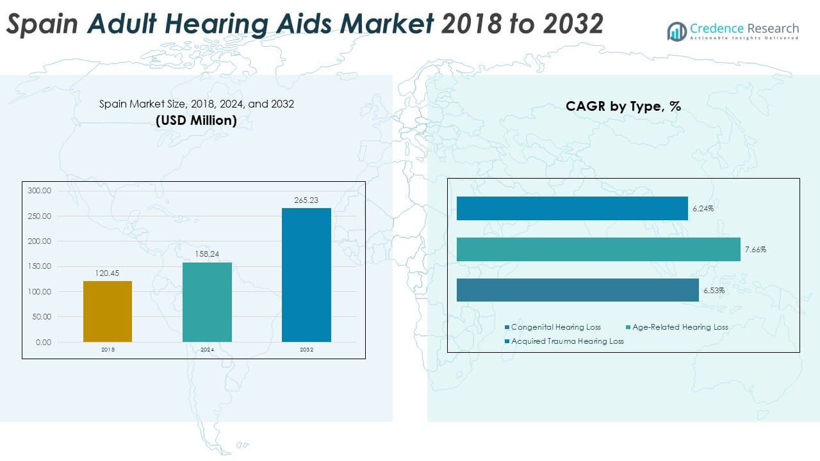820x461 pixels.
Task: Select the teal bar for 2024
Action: tap(207, 302)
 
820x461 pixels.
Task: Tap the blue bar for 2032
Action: tap(306, 275)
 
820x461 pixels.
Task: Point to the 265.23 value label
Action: tap(306, 200)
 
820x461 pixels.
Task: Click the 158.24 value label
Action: tap(207, 255)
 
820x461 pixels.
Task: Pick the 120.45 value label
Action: tap(108, 274)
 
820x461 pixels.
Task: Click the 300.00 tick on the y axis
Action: tap(40, 191)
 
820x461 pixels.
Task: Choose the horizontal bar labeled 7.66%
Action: tap(598, 250)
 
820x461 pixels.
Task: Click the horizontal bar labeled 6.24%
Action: tap(572, 209)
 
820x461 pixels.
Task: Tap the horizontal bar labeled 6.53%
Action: tap(577, 290)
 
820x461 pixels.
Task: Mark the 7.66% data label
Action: tap(755, 250)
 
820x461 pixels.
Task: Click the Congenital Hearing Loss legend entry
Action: tap(555, 327)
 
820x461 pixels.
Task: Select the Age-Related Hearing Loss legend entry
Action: tap(680, 327)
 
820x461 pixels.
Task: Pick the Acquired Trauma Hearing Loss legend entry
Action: tap(567, 341)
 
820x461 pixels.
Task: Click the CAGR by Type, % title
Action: tap(623, 107)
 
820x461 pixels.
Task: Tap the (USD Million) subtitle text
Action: tap(196, 120)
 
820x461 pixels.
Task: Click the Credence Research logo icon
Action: tap(676, 31)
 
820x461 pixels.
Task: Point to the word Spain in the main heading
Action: tap(42, 24)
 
